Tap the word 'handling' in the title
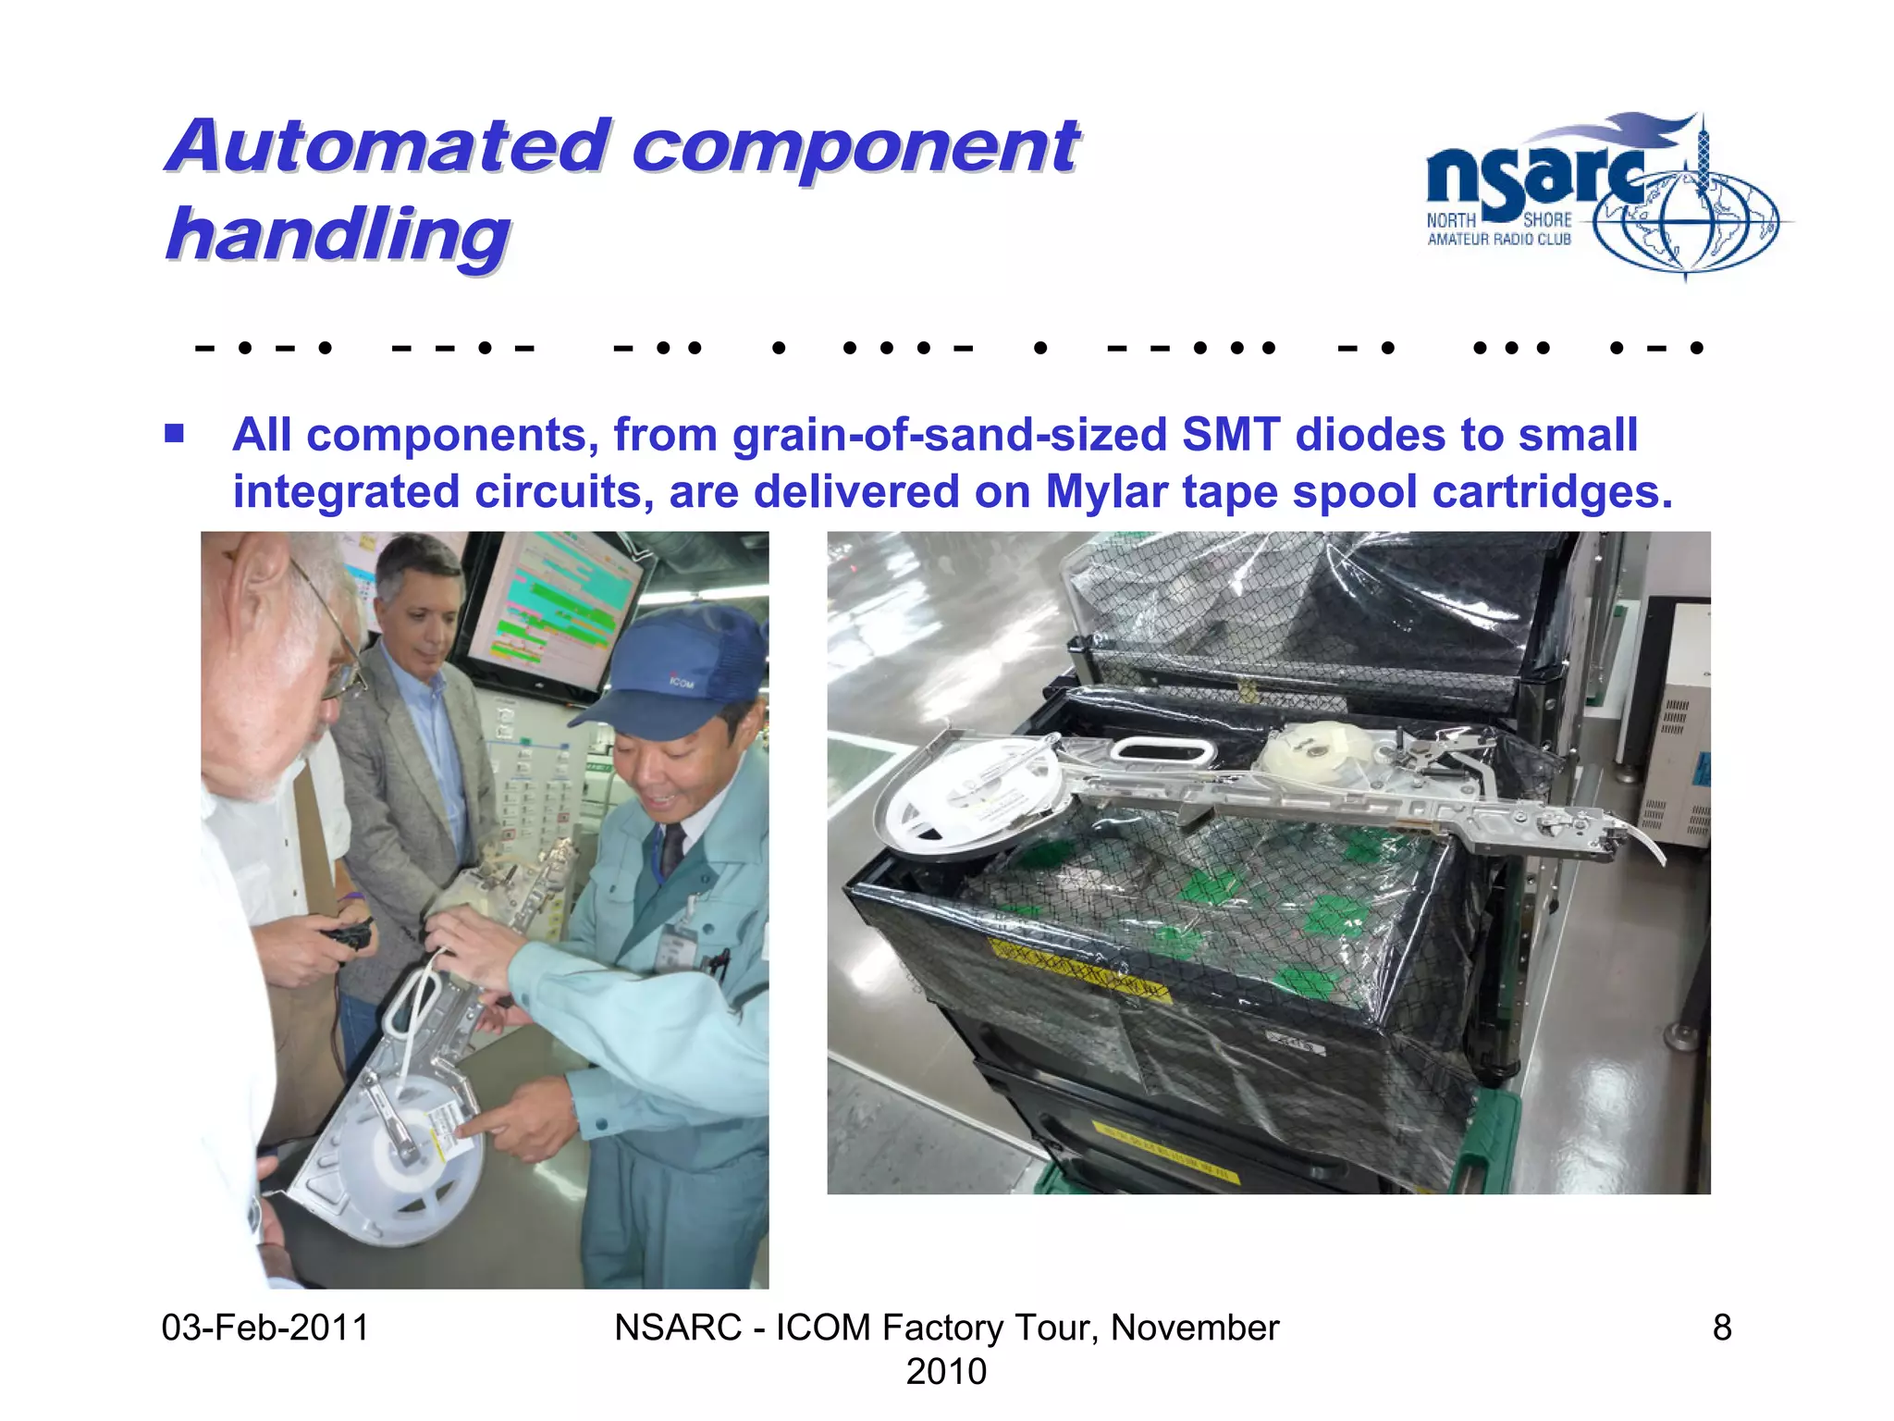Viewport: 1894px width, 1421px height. [x=338, y=235]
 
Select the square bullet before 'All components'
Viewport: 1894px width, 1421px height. [x=174, y=433]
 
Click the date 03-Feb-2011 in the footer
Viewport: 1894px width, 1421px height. [x=265, y=1328]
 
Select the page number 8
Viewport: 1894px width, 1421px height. [x=1721, y=1328]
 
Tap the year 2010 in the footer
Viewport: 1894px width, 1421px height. [x=946, y=1371]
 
